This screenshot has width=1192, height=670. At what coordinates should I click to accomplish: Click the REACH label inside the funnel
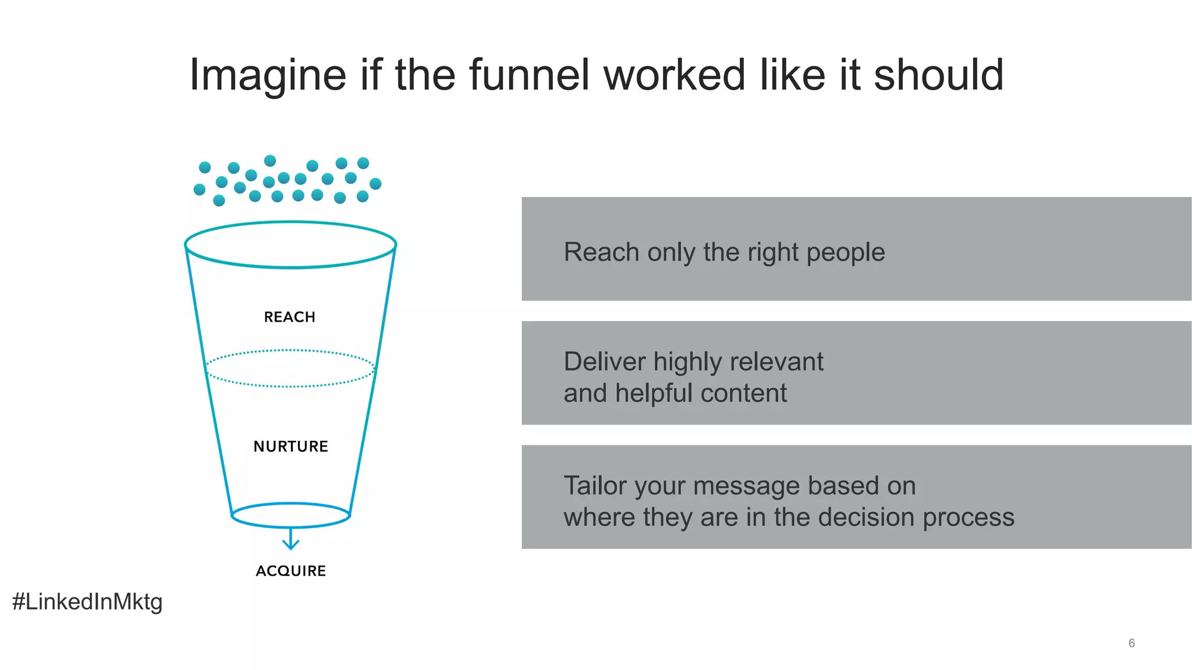click(x=289, y=317)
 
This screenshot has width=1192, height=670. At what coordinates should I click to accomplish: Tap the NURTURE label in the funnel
click(x=290, y=446)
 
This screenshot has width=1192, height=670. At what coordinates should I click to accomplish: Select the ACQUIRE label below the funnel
click(x=290, y=571)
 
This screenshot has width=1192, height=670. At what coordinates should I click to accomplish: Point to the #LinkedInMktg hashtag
click(x=87, y=601)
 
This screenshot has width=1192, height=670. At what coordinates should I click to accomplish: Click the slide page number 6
click(x=1131, y=643)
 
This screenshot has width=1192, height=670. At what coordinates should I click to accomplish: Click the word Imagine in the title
click(x=268, y=76)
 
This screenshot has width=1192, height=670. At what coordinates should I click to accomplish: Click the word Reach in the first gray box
click(x=601, y=252)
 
